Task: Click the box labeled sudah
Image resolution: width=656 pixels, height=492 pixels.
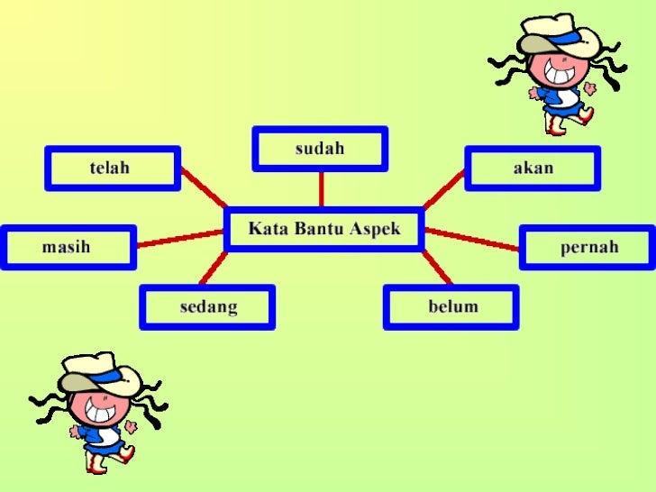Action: click(320, 149)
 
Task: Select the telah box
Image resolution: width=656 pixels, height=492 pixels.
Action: click(113, 168)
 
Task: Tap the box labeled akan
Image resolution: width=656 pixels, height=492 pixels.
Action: click(533, 168)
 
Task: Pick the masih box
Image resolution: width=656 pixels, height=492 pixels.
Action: click(68, 247)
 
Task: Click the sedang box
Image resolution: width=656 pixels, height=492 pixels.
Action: click(207, 306)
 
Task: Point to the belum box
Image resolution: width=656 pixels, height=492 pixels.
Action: click(451, 306)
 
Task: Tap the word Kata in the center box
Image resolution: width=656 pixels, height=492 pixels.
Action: click(268, 229)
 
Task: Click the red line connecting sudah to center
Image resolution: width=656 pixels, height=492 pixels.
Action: click(321, 189)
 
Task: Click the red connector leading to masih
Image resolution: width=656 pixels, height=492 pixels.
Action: click(180, 239)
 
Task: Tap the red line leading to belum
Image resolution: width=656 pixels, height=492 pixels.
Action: click(436, 268)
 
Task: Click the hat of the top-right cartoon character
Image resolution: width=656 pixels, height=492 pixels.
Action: click(559, 36)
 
